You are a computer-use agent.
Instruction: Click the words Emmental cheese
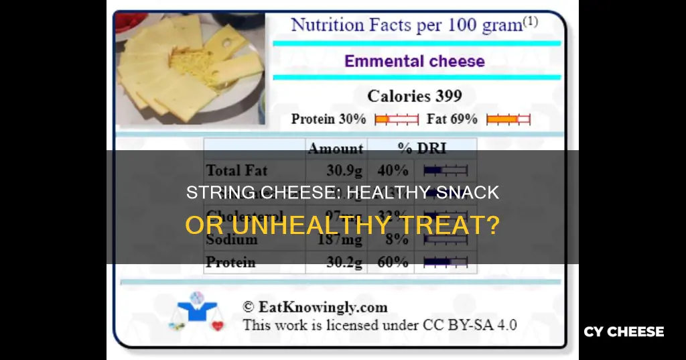415,61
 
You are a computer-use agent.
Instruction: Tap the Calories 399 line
415,96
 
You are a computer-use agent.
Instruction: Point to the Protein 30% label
328,119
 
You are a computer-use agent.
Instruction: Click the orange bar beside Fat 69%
508,119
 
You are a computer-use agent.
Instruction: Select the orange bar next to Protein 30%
395,119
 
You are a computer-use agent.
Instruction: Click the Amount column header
335,148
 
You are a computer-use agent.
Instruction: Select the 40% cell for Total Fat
393,170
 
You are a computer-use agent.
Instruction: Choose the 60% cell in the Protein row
393,262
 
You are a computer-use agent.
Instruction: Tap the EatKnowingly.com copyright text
315,308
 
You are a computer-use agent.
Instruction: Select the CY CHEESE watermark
624,332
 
